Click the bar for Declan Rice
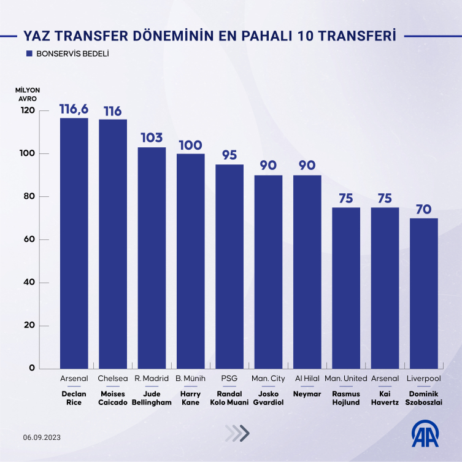coord(74,243)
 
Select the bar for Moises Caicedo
coord(113,244)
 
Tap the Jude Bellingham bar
coord(152,258)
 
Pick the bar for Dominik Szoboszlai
coord(424,293)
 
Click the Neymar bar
coord(307,272)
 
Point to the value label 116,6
coord(74,109)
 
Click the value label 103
coord(152,138)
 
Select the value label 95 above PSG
coord(229,155)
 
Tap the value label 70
coord(424,209)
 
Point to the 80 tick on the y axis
coord(29,196)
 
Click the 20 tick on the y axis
coord(29,325)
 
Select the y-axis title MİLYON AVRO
coord(28,94)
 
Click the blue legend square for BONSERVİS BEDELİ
coord(29,54)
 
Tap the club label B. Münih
coord(190,379)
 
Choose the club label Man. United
coord(346,379)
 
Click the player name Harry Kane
coord(190,398)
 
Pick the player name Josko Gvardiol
coord(268,398)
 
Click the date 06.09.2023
coord(42,437)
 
